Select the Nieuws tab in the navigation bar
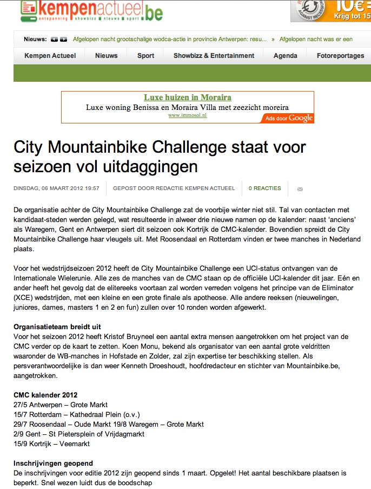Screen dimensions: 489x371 click(x=106, y=56)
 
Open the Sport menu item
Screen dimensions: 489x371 click(x=145, y=56)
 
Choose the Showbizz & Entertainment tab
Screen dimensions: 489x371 click(x=214, y=56)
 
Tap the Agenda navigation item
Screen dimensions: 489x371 click(x=285, y=56)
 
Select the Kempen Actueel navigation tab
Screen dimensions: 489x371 click(x=50, y=56)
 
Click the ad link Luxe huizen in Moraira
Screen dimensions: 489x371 click(x=187, y=97)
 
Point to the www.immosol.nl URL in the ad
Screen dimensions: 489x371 click(x=187, y=115)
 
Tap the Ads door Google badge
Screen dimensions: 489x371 click(x=289, y=118)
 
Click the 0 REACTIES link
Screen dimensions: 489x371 click(x=264, y=188)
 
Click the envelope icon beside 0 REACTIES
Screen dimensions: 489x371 click(x=300, y=189)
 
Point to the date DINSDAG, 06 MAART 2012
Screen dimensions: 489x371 click(x=56, y=188)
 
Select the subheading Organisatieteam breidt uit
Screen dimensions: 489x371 click(x=57, y=327)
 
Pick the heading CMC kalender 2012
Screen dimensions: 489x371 click(x=46, y=394)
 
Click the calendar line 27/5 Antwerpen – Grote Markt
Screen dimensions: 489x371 click(x=61, y=405)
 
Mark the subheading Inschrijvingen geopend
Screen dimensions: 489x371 click(x=53, y=463)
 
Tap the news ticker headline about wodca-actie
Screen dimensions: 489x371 click(x=169, y=39)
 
